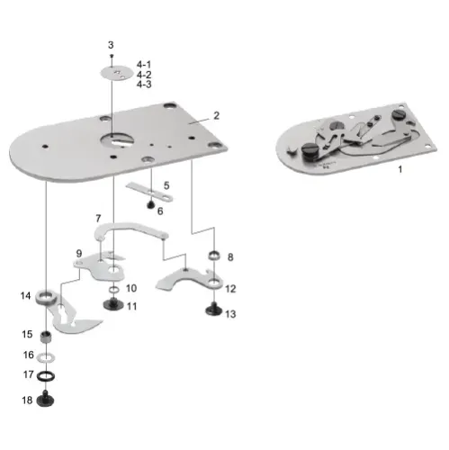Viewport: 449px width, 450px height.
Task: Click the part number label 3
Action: click(111, 44)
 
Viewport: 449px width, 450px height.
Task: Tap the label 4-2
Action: click(144, 75)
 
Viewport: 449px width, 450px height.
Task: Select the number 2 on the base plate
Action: click(216, 116)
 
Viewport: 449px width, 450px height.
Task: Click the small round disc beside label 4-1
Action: click(114, 74)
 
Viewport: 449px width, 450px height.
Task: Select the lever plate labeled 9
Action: click(112, 290)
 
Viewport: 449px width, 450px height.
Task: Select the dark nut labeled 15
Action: click(47, 355)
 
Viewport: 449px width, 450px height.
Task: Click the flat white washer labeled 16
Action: click(47, 375)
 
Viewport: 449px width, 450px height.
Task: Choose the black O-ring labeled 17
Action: click(47, 400)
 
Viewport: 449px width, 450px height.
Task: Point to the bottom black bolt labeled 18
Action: click(47, 400)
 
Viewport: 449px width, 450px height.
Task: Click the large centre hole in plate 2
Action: click(117, 138)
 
